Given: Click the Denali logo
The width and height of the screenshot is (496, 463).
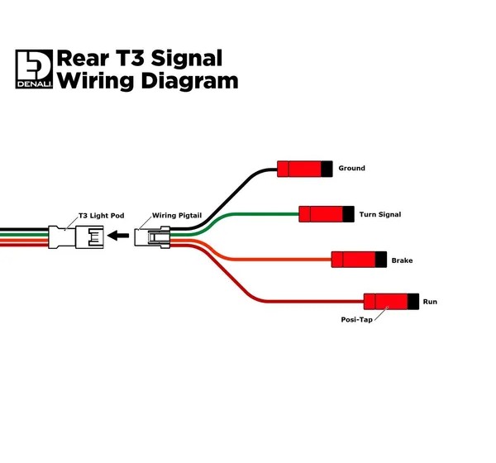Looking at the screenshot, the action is point(34,69).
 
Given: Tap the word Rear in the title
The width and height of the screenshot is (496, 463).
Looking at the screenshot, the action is point(83,59).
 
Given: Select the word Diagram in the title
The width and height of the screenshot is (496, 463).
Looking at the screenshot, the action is point(189,81).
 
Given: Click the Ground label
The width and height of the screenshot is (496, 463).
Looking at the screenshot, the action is point(352,168).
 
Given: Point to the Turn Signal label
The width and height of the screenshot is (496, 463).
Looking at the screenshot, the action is point(380,215).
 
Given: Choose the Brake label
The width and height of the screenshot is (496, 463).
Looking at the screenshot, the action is point(402,260).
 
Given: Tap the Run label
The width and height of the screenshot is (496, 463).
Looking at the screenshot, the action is point(430,302).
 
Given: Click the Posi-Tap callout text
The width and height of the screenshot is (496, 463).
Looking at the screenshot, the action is point(356,320).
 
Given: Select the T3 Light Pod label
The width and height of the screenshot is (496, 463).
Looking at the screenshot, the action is point(101,216).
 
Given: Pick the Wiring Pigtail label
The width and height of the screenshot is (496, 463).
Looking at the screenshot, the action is point(177,216).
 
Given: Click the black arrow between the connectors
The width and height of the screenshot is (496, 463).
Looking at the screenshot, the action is point(118,236).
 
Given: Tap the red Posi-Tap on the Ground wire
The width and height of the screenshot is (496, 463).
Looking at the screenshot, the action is point(304,169).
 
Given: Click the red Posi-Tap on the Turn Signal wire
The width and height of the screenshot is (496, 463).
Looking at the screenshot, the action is point(327,214).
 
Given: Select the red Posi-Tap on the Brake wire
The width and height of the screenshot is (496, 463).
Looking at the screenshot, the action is point(359,260).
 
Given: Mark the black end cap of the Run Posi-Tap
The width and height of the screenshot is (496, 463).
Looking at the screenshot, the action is point(413,302).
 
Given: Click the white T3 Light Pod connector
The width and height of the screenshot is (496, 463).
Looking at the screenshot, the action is point(76,237).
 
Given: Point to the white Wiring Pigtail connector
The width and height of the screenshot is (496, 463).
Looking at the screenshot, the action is point(152,237).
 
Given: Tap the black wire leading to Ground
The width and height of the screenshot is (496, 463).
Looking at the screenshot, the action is point(228,199).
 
